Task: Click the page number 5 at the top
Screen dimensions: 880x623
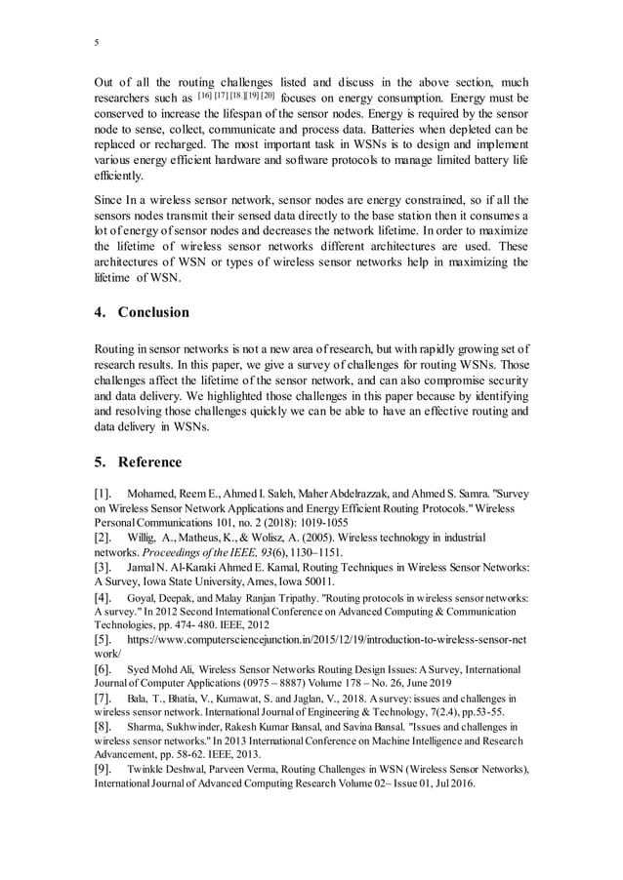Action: [x=96, y=42]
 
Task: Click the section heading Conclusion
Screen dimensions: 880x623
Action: [x=153, y=313]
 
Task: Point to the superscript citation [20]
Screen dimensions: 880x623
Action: [x=266, y=96]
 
